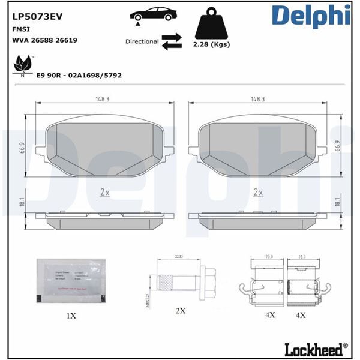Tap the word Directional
tap(142, 41)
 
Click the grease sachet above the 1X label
tap(71, 279)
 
